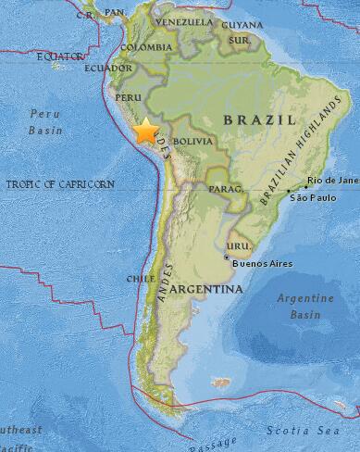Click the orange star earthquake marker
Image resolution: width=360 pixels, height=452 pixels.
coord(146,132)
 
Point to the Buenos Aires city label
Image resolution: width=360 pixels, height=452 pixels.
coord(261,263)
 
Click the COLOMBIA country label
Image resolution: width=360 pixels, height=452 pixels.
coord(147,47)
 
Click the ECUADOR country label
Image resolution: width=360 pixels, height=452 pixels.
coord(108,68)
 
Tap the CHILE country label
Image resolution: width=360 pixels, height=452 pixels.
coord(140,278)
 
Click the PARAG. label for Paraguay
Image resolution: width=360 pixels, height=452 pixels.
coord(226,190)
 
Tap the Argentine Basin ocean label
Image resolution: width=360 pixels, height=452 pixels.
coord(308,306)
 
